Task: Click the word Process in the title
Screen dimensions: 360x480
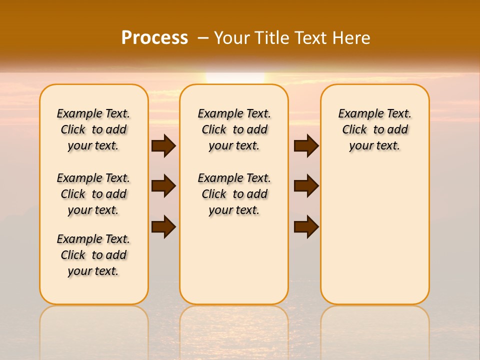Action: click(154, 37)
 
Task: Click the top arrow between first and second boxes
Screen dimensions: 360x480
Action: click(163, 145)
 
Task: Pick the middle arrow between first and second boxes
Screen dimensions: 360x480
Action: click(163, 186)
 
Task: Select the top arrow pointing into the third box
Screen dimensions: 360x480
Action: click(306, 145)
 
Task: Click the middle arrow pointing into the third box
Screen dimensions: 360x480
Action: click(306, 186)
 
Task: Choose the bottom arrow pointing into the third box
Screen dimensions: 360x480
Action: click(306, 226)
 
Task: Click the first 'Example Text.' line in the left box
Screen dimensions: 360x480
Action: click(93, 113)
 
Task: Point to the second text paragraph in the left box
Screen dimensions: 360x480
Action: click(93, 194)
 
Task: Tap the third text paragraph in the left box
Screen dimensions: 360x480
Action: click(93, 255)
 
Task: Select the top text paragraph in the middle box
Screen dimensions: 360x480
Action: click(234, 129)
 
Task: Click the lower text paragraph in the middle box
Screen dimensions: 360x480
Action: click(234, 194)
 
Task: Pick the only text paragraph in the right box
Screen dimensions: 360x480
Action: click(374, 129)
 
